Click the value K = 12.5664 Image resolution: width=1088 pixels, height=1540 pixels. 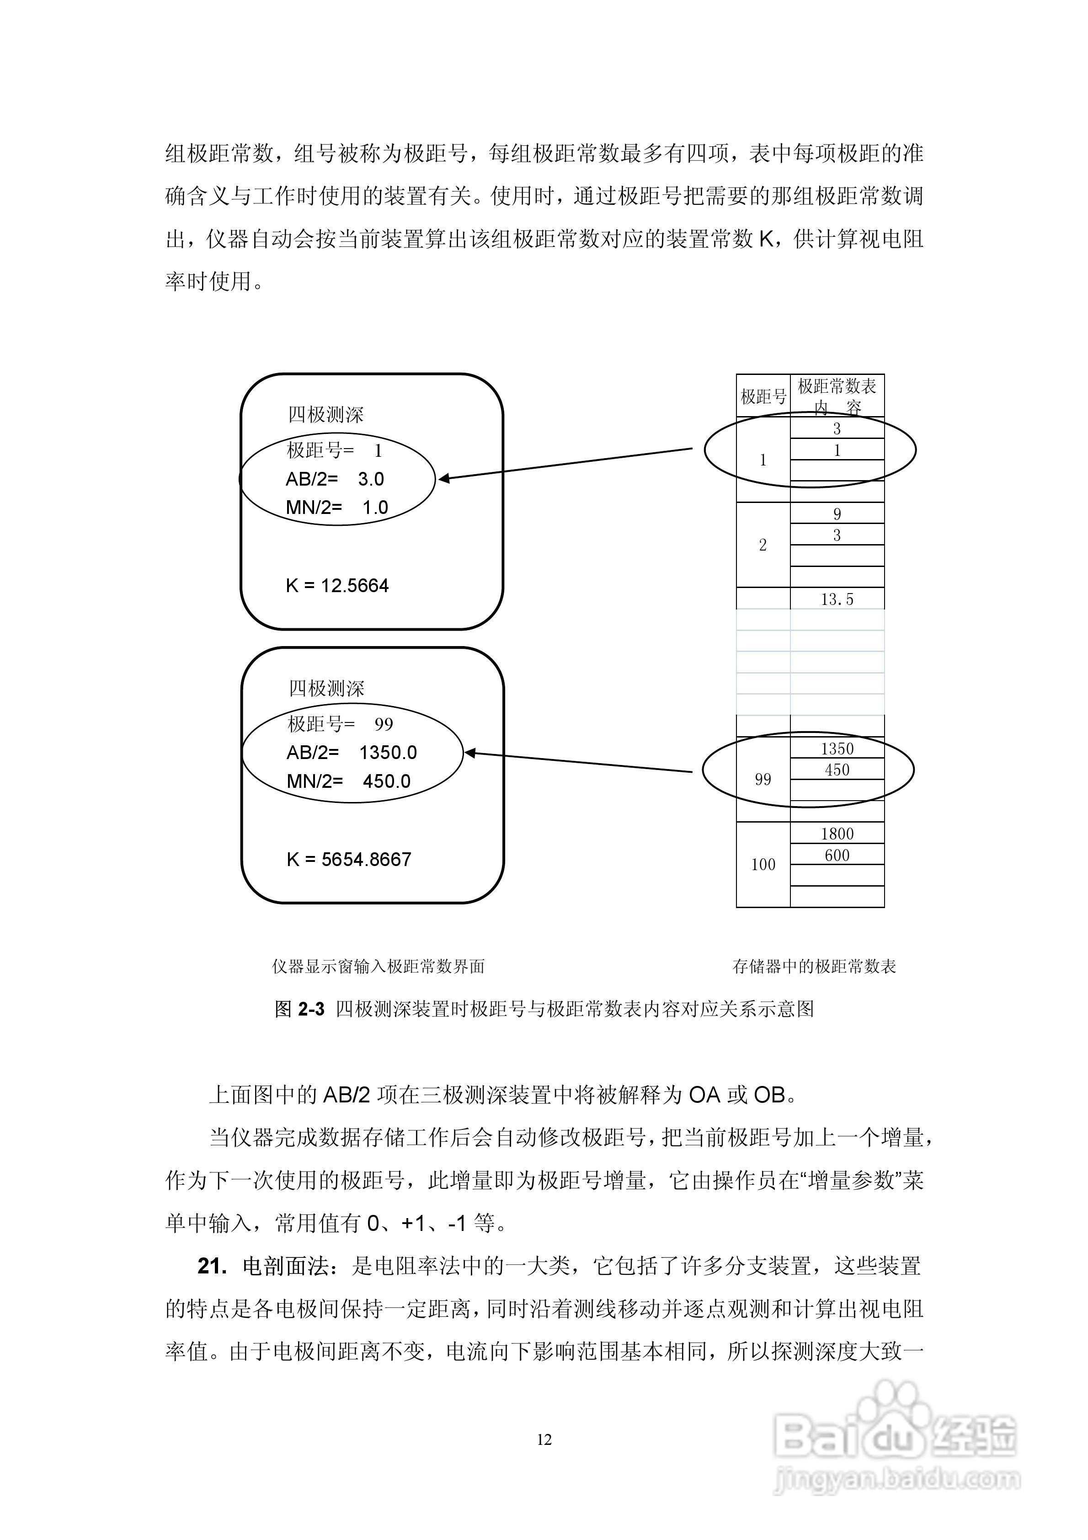(337, 586)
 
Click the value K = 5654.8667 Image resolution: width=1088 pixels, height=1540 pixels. (348, 859)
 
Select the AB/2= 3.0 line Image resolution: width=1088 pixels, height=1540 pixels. (335, 479)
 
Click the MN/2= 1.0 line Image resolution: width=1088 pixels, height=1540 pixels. (337, 507)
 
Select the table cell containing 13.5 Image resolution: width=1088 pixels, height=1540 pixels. (837, 599)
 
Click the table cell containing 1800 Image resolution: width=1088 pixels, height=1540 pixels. (837, 834)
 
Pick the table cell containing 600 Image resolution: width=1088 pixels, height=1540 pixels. (837, 855)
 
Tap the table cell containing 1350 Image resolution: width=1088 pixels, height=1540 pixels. (837, 749)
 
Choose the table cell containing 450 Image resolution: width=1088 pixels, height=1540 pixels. (837, 770)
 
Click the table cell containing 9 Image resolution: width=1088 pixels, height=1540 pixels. (837, 514)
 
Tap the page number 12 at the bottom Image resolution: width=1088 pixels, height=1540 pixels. (544, 1438)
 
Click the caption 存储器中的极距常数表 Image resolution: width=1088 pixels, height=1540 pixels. (814, 967)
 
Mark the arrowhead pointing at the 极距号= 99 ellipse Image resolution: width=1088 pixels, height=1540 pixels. (469, 753)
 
